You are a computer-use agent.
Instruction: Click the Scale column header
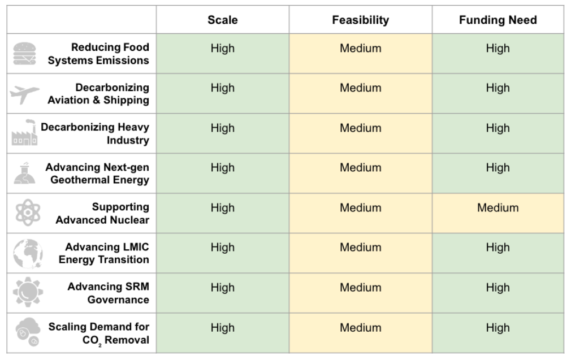(222, 20)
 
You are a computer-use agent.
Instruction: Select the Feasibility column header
(360, 20)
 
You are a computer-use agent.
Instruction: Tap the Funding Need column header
(498, 20)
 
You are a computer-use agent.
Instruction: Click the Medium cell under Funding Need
(498, 208)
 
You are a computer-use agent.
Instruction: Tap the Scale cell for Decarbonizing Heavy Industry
(222, 128)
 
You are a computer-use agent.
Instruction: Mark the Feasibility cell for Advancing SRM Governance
(360, 288)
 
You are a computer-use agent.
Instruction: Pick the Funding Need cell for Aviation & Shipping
(498, 88)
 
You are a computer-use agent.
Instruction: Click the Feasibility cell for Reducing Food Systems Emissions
(360, 49)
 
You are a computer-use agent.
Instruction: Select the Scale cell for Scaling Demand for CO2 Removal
(222, 328)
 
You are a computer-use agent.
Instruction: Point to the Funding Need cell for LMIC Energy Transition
(498, 248)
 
